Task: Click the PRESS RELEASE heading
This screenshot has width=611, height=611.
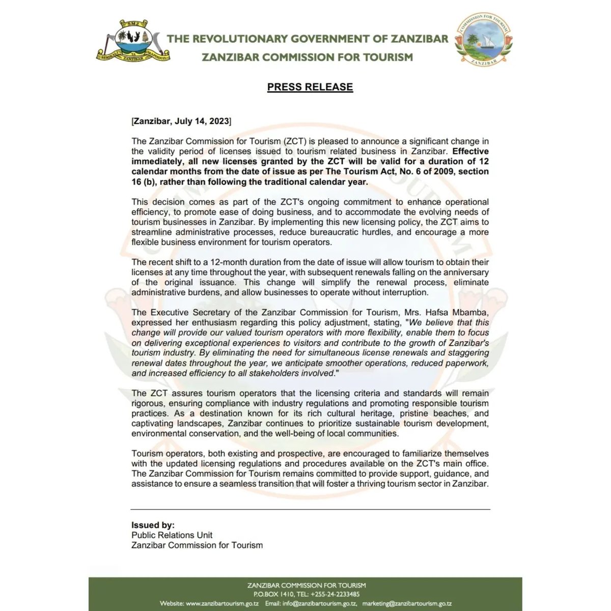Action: (x=310, y=87)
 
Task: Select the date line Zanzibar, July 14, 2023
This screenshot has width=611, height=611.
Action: (x=181, y=122)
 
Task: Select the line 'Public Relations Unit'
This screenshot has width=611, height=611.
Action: (x=172, y=535)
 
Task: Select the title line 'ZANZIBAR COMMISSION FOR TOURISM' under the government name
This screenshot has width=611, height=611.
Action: (x=307, y=57)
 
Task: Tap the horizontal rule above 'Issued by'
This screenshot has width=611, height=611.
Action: (x=310, y=509)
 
